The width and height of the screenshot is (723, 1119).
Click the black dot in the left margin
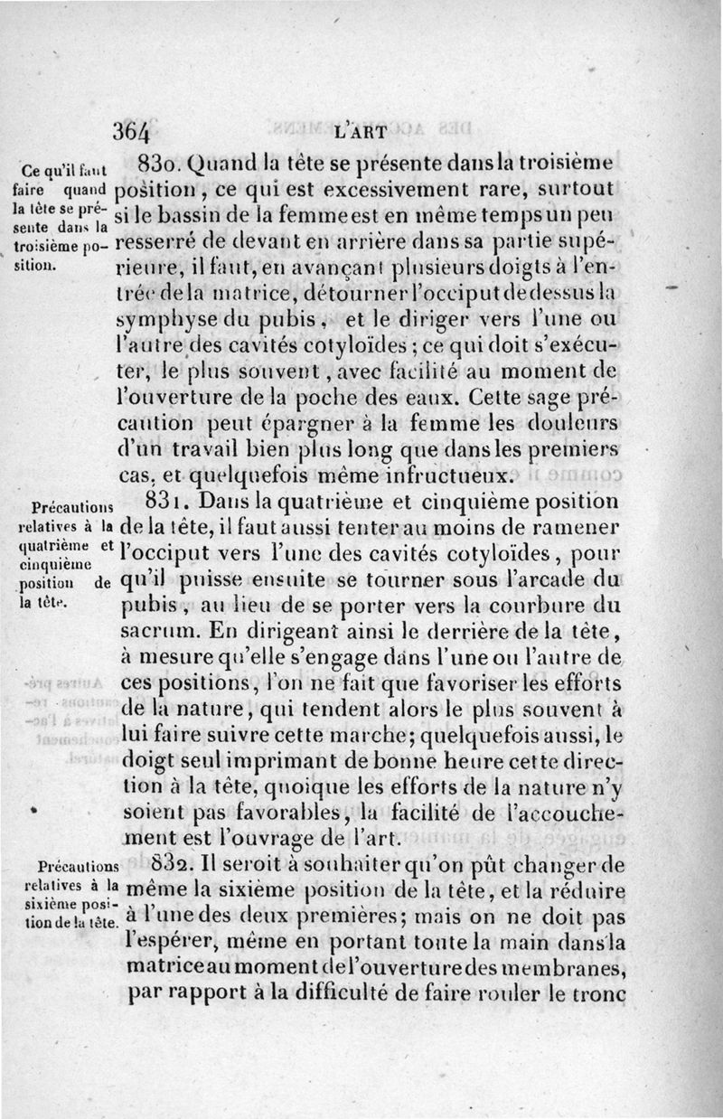coord(33,809)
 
